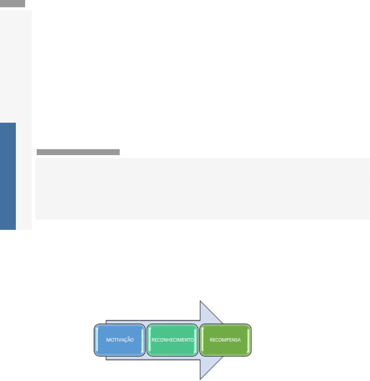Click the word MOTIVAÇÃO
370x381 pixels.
120,340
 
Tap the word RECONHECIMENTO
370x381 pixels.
173,340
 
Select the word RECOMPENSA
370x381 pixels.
225,340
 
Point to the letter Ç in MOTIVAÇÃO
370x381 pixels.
127,340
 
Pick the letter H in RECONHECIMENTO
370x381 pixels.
169,340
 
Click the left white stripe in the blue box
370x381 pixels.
97,340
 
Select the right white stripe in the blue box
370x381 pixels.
143,340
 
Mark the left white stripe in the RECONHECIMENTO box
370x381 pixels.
149,340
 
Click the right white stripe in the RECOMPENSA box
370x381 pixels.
248,340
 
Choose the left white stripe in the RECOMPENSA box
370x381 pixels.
202,340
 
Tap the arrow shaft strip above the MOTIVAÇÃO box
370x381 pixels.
126,322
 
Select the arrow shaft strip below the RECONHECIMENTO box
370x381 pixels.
172,358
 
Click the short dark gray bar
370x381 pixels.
13,4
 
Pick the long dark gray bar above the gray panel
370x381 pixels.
78,152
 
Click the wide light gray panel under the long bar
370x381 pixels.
202,189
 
